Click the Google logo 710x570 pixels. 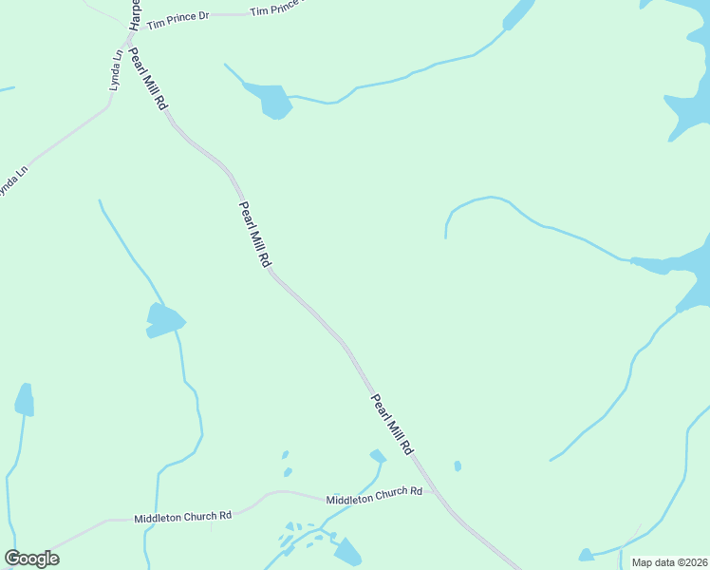31,559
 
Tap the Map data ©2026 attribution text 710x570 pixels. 669,562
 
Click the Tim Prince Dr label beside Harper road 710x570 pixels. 177,18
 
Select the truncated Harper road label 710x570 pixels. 135,12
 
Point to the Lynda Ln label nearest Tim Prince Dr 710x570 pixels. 116,71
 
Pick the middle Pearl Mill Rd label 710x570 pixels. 255,234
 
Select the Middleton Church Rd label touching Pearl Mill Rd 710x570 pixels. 374,495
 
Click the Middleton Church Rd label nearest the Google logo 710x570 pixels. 183,517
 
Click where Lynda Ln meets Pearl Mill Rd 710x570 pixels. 126,43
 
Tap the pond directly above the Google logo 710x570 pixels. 25,401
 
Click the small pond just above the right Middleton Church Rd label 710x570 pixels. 378,457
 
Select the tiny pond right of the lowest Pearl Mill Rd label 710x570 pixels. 458,465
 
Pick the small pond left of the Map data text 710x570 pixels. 587,554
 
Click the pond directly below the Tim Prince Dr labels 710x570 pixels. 273,100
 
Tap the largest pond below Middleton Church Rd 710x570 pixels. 347,552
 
